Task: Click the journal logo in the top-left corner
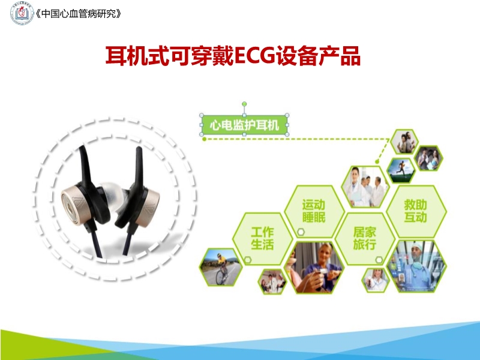[x=22, y=13]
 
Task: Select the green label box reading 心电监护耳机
[x=244, y=125]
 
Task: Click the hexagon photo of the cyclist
[x=221, y=267]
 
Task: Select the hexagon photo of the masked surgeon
[x=416, y=266]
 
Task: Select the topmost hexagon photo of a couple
[x=404, y=142]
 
